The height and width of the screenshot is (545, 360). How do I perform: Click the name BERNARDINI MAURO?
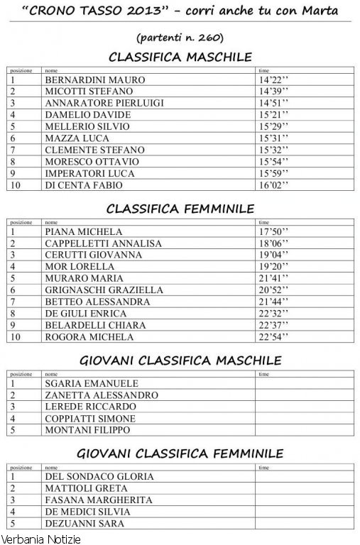(x=94, y=80)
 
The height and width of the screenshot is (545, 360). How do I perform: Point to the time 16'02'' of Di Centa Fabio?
(x=274, y=185)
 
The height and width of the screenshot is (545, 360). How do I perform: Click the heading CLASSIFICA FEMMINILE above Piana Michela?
(x=180, y=209)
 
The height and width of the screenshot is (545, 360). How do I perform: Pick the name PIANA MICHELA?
(x=83, y=232)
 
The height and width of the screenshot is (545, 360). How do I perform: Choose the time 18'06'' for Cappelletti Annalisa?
(x=274, y=243)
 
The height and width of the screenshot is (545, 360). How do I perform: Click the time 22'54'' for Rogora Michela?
(x=274, y=337)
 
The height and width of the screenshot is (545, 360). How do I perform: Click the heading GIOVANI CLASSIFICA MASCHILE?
(x=180, y=360)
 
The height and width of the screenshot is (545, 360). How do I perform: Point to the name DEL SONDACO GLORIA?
(x=99, y=477)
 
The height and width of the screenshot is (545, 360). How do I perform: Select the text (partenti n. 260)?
(x=180, y=35)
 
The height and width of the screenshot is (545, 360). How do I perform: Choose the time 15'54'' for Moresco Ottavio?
(x=274, y=162)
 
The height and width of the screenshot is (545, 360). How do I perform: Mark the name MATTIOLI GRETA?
(x=86, y=488)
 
